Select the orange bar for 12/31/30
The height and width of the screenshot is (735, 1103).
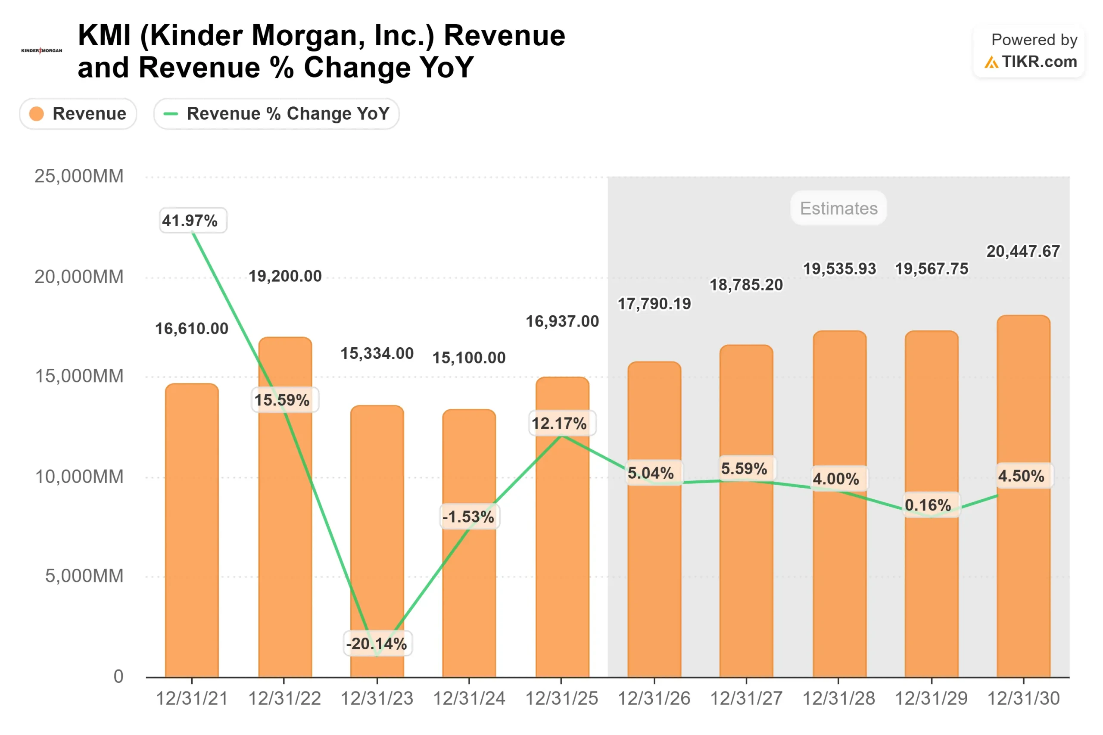tap(1023, 586)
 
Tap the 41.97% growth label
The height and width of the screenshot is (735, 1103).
tap(190, 220)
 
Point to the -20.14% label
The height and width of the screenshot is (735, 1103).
tap(377, 644)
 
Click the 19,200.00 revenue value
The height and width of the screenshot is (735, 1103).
tap(285, 276)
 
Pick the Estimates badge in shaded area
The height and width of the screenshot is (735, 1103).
tap(838, 208)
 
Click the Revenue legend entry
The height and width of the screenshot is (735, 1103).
tap(78, 113)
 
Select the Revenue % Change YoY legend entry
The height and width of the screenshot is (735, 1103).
tap(276, 113)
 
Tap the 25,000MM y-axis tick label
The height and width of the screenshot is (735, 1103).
tap(79, 176)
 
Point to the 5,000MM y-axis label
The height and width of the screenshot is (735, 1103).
tap(84, 576)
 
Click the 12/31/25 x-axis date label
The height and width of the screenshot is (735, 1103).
tap(561, 698)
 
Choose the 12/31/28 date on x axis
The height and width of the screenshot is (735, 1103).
tap(838, 698)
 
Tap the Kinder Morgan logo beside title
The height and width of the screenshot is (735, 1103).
tap(42, 51)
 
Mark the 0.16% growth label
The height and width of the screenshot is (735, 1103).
tap(927, 505)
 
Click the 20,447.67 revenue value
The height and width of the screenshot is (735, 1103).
tap(1023, 251)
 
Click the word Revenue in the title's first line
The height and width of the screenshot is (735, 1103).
tap(505, 36)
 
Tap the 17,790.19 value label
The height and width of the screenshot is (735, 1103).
tap(654, 304)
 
